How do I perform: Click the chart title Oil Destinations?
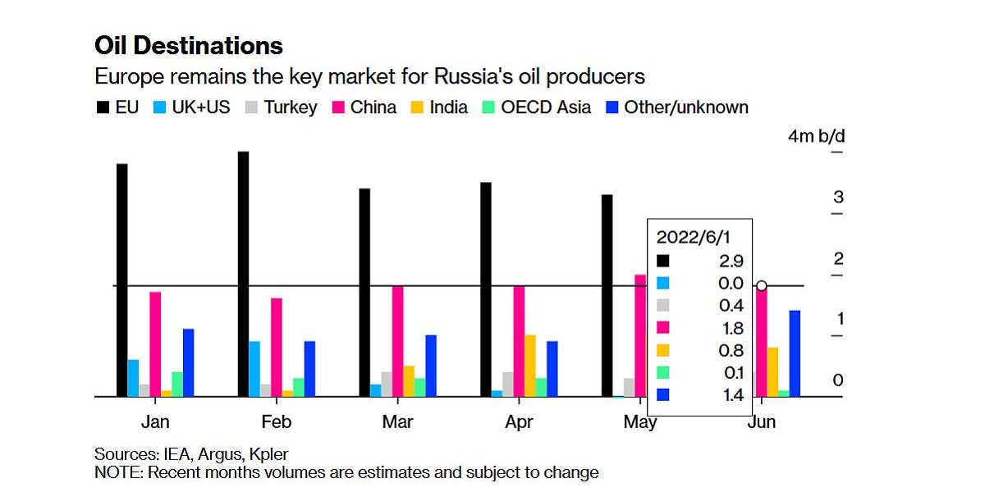click(189, 45)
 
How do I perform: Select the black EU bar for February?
click(243, 274)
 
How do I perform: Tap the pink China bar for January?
click(155, 344)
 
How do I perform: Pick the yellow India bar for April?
click(531, 366)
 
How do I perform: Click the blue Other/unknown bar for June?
click(795, 353)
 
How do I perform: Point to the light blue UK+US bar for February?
click(254, 369)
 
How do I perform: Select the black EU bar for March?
click(364, 293)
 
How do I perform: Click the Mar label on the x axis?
click(398, 423)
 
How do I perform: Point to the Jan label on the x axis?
click(155, 423)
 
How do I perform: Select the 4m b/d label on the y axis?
click(816, 136)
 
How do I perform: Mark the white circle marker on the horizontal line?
click(762, 285)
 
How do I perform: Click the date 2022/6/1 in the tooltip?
click(694, 238)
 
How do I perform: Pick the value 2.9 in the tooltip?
click(730, 261)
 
